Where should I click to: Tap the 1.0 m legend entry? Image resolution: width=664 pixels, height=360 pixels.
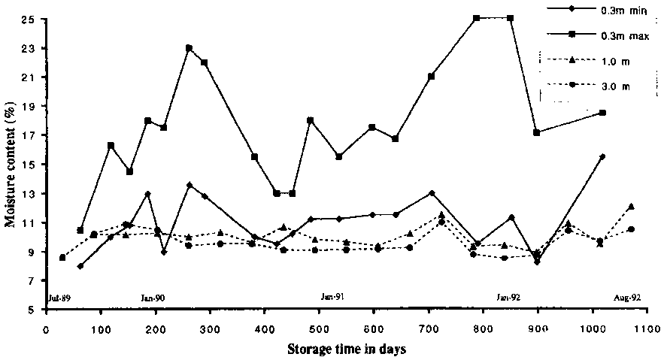tap(614, 60)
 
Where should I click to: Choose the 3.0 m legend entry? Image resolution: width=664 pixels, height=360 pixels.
tap(614, 86)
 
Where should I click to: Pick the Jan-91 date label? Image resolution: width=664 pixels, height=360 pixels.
tap(332, 298)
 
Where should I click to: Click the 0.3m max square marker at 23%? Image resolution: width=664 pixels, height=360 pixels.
tap(189, 48)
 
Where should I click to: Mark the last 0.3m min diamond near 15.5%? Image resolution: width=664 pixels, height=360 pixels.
tap(602, 156)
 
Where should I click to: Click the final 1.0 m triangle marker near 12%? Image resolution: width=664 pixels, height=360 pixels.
tap(631, 206)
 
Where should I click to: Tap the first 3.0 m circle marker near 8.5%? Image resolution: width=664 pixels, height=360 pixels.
tap(62, 258)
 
